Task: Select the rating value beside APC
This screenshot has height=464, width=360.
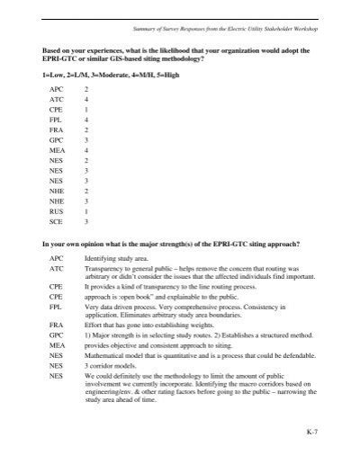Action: tap(85, 91)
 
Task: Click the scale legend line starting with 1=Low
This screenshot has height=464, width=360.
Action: tap(116, 75)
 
